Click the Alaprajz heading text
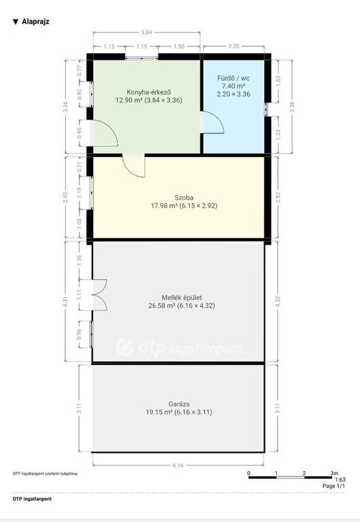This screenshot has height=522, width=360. [35, 22]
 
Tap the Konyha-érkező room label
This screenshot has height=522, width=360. [149, 92]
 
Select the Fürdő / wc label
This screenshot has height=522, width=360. [234, 78]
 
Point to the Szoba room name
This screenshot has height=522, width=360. [184, 197]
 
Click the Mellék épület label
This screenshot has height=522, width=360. [181, 298]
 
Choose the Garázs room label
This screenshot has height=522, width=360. [179, 404]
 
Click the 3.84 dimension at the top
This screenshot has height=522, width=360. [147, 33]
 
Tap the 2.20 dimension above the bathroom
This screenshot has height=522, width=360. [234, 46]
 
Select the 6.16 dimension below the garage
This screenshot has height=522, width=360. [178, 465]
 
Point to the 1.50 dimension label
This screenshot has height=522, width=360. [179, 47]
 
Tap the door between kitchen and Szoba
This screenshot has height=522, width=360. [134, 165]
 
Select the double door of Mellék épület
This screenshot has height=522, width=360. [100, 295]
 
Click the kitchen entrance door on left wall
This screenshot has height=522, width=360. [104, 133]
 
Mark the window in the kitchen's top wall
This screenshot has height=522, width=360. [142, 57]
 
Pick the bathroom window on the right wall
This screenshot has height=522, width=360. [266, 109]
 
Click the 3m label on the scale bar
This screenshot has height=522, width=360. [334, 473]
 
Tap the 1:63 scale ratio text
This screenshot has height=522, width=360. [340, 480]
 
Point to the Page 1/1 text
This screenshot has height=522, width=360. [334, 486]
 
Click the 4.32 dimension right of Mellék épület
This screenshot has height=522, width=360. [278, 301]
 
